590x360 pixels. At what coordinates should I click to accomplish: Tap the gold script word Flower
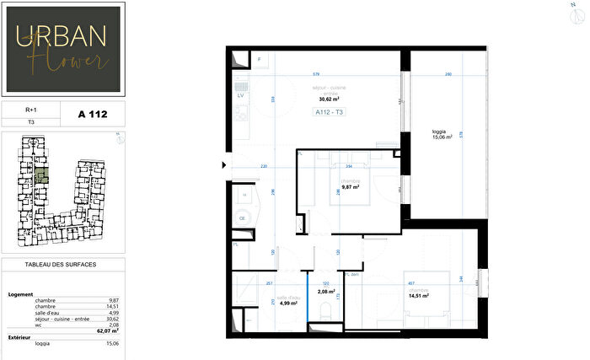[x=78, y=60]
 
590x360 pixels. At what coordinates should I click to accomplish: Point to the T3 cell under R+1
[x=31, y=121]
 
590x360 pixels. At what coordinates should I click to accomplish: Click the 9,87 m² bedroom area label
[x=350, y=187]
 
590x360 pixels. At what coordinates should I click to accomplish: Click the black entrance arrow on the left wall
[x=223, y=164]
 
